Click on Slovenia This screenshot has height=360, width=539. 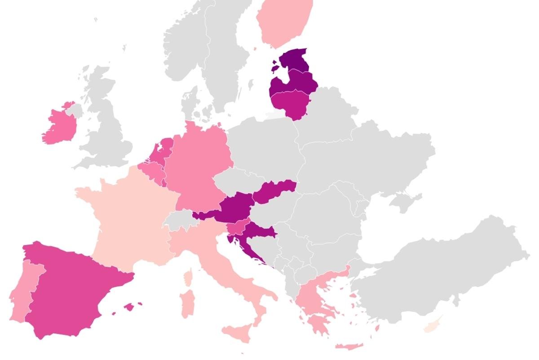pos(238,227)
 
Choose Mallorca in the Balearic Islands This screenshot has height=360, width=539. pos(129,307)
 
